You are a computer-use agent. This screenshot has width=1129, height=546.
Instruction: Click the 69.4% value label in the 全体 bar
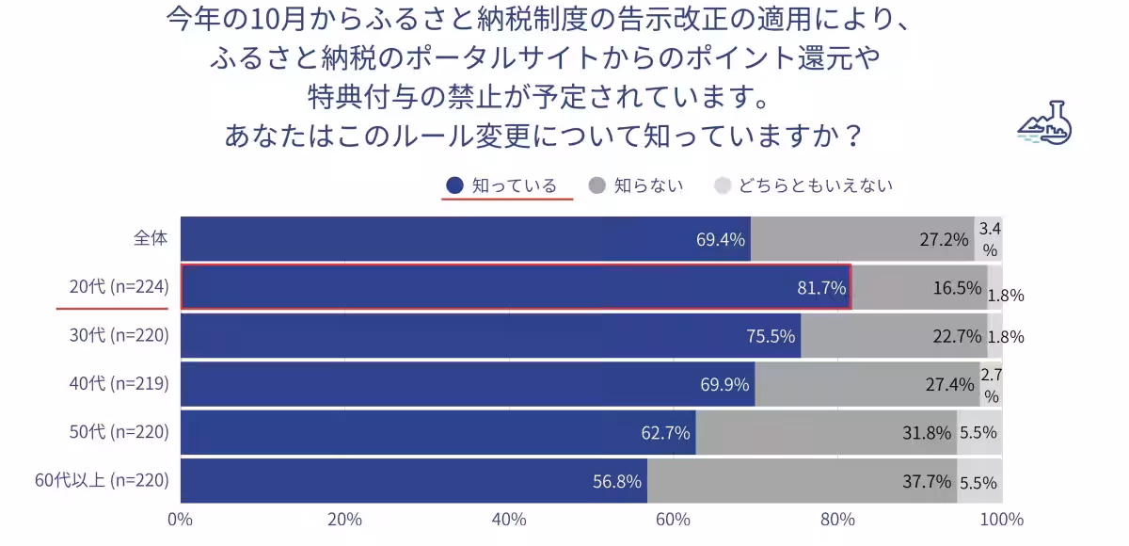[721, 239]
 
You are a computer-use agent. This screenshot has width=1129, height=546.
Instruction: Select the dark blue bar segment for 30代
[489, 336]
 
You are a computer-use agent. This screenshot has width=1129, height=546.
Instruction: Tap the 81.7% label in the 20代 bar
[821, 288]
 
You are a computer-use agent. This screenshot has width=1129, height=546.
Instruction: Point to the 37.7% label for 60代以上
[927, 482]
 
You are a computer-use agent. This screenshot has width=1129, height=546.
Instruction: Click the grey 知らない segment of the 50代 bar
[826, 433]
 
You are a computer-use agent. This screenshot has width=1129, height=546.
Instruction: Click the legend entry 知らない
[636, 185]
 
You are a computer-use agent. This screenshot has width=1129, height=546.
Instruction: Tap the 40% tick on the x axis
[509, 520]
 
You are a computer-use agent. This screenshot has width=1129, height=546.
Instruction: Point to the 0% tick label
[180, 520]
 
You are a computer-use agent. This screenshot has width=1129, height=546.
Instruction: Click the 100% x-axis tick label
[1001, 520]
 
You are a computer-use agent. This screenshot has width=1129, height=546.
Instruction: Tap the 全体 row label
[151, 239]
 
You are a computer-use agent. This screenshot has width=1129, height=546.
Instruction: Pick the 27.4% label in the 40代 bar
[949, 385]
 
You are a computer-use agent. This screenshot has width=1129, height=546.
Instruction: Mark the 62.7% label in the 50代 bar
[666, 434]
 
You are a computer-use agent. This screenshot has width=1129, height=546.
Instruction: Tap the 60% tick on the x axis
[674, 520]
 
